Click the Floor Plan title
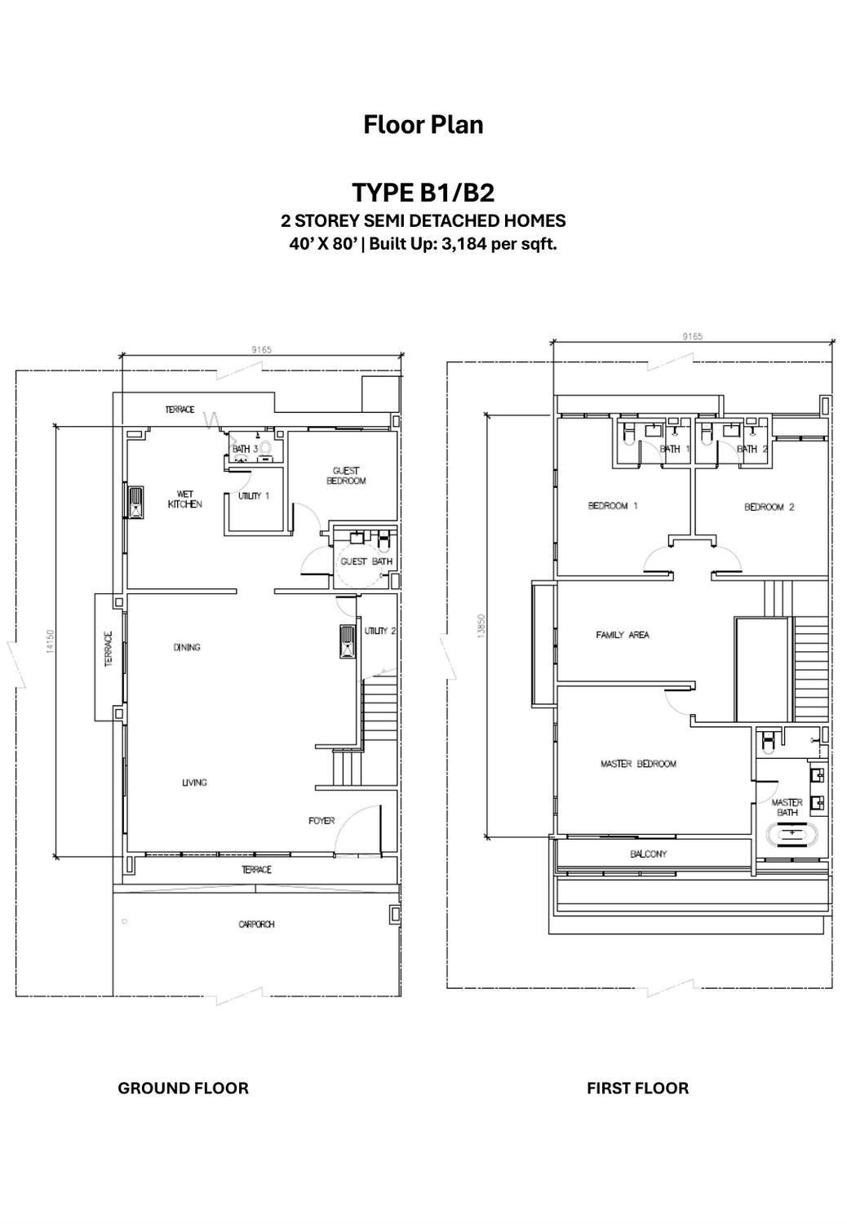423,125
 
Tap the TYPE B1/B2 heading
423,193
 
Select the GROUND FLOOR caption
183,1088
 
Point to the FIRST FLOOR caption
637,1088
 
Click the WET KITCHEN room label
185,499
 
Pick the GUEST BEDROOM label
346,476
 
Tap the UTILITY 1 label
253,496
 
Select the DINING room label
187,647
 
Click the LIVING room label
194,783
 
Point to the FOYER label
322,820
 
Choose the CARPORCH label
256,925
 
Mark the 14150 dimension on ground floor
51,641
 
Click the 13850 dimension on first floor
481,626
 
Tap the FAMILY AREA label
623,635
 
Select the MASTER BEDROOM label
638,764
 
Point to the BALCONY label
649,854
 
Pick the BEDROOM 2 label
769,507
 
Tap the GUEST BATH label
366,561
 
